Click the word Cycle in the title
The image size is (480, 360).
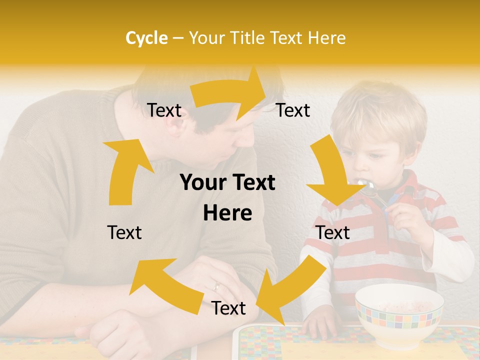(x=146, y=38)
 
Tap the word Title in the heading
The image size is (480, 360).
(x=247, y=38)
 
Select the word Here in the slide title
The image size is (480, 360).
(x=327, y=38)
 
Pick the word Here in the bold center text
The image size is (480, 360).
(x=227, y=213)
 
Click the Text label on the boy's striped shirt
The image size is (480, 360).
(x=332, y=232)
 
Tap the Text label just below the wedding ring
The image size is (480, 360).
(x=228, y=308)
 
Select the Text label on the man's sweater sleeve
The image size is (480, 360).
(x=124, y=232)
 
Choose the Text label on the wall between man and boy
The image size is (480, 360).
(x=293, y=110)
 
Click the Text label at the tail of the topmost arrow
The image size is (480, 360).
(x=164, y=110)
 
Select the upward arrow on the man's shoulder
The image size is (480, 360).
(x=125, y=170)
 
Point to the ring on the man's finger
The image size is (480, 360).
(x=216, y=286)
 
